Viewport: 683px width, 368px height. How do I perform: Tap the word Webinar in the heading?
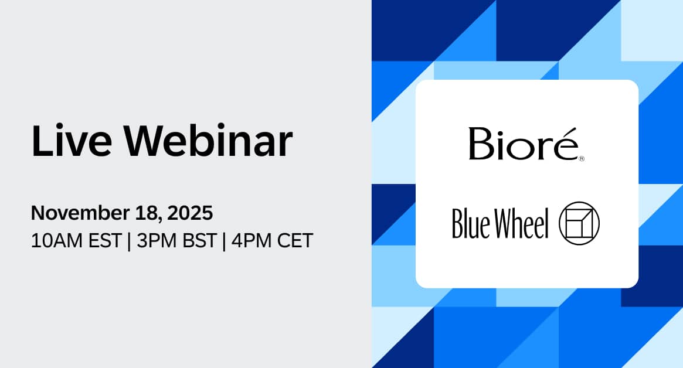208,141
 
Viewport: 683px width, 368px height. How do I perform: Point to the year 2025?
190,213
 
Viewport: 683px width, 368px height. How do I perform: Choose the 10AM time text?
53,241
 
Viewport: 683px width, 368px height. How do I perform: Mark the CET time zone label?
293,241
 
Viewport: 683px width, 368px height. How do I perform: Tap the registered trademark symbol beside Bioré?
581,159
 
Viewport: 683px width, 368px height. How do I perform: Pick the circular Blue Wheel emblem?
579,223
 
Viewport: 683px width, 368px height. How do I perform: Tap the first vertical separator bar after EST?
128,241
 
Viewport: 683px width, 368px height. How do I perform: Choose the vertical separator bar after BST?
223,241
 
